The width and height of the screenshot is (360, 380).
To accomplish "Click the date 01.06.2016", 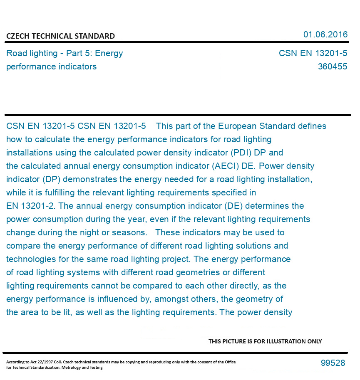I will [x=325, y=35].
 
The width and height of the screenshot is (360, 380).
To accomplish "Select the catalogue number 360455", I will [x=332, y=67].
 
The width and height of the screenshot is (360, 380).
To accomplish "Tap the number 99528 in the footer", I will [x=333, y=363].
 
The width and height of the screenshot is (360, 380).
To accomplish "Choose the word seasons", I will [x=133, y=232].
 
